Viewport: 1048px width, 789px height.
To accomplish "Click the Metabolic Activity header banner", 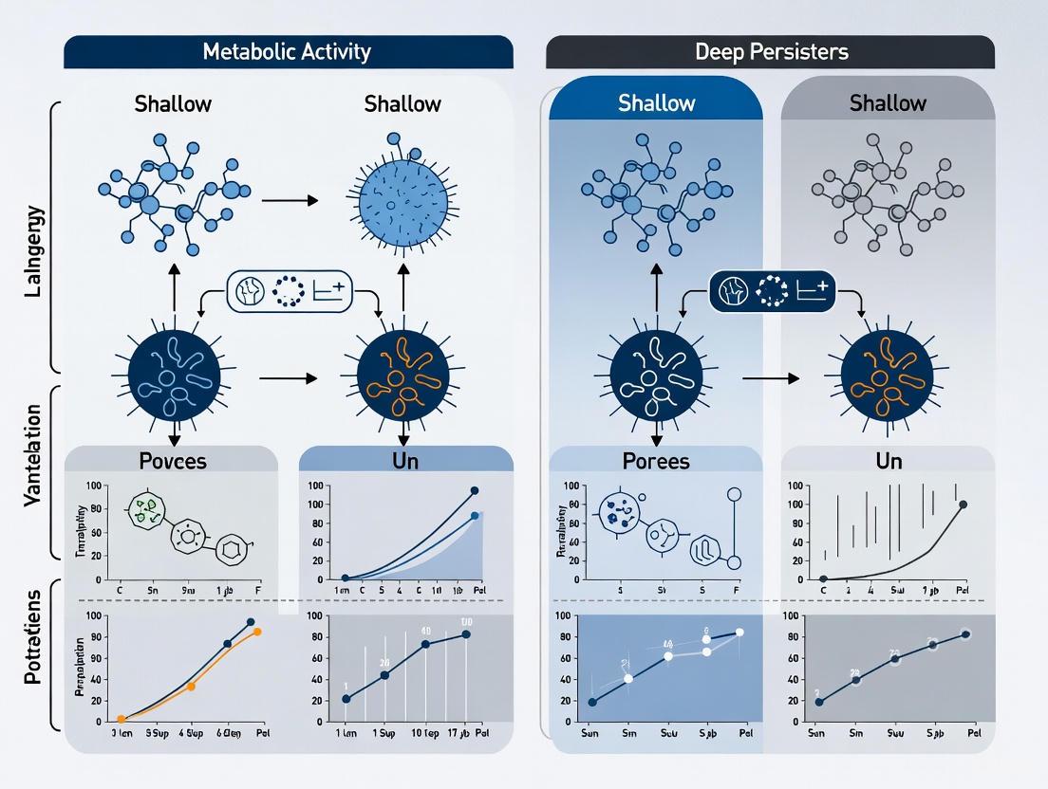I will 288,51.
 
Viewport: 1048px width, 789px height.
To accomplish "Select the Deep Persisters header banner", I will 770,51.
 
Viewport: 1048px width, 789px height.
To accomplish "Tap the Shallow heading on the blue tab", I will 656,102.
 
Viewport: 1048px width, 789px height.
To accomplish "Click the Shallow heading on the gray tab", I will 888,102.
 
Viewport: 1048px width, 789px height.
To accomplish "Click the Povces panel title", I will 172,462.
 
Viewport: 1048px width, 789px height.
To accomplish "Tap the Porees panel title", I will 656,462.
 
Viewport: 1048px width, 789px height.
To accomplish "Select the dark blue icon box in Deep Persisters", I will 772,291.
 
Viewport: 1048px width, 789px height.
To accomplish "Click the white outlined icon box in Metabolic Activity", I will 289,291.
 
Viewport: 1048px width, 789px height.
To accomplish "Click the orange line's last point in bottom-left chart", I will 256,632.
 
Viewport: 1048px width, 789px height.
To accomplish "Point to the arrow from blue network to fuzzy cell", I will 290,201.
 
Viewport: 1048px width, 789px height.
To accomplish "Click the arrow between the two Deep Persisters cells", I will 767,378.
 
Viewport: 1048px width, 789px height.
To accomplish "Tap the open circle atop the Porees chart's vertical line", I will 733,493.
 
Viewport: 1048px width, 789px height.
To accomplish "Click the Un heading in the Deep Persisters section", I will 889,462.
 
